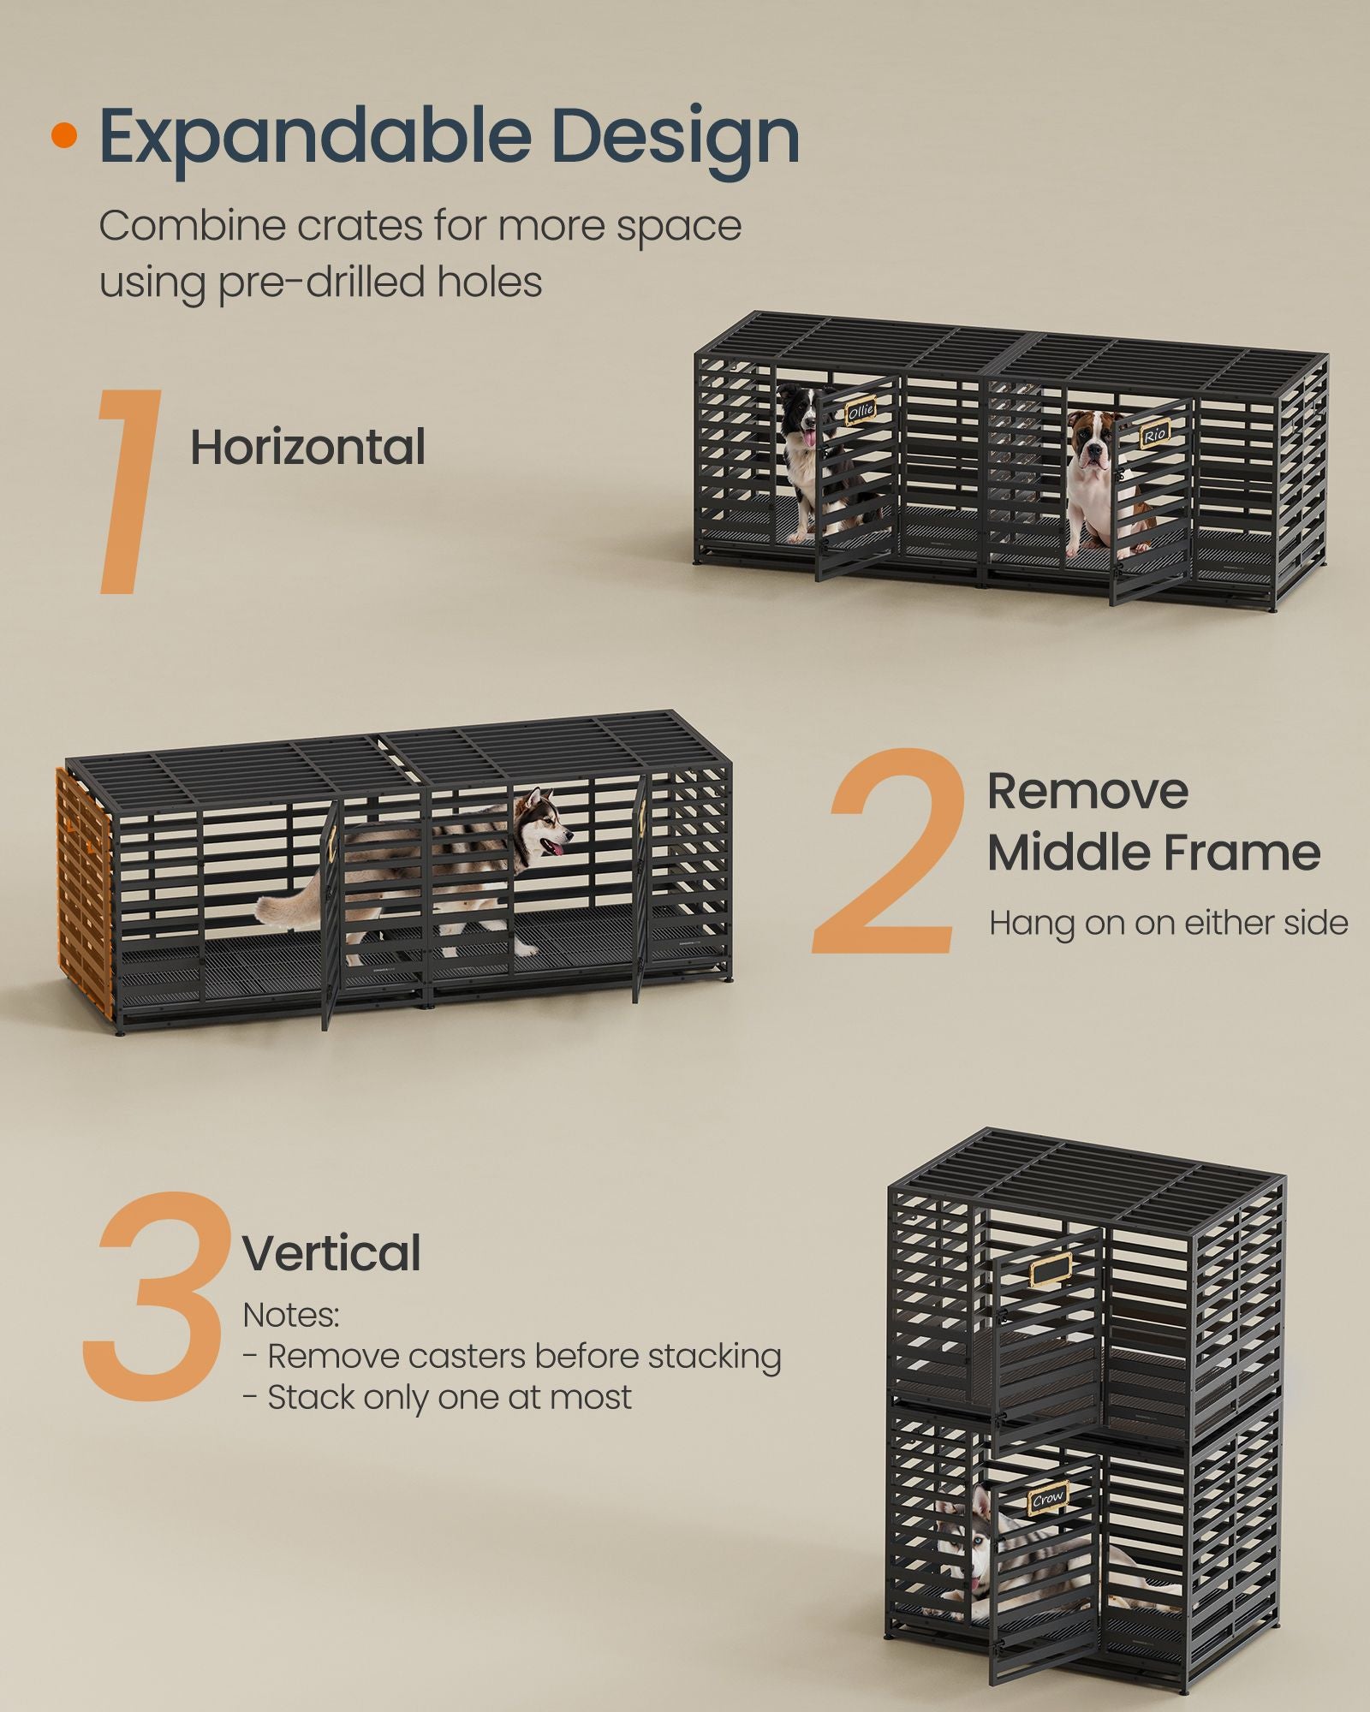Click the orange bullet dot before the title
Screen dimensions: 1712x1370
63,136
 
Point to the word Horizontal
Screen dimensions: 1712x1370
307,448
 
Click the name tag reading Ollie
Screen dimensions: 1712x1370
861,413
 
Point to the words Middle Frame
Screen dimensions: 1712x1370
1153,853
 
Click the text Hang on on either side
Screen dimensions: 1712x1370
1168,924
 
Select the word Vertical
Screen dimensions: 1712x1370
331,1253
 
